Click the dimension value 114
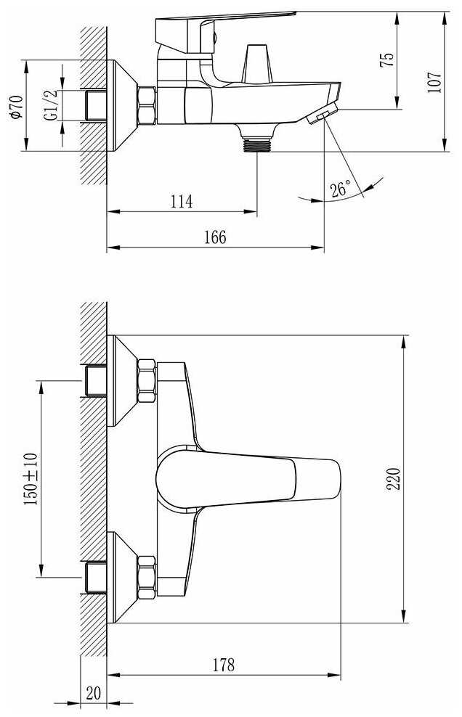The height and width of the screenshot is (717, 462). pos(182,201)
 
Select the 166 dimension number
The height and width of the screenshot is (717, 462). pos(215,237)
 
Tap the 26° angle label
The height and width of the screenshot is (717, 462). pos(341,189)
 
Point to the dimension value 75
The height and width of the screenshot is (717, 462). pos(387,60)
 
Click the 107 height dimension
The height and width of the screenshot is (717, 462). pos(435,82)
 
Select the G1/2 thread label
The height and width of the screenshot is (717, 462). pos(51,105)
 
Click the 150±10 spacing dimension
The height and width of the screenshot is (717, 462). pos(31,479)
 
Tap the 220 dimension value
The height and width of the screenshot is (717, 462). pos(393,479)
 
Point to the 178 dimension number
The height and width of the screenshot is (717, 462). pos(224,665)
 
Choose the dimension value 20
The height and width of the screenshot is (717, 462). pos(94,693)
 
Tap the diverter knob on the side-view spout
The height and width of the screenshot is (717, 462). pos(257,64)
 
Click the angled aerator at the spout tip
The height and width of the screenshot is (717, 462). pos(323,113)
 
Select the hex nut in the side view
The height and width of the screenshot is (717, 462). pos(147,105)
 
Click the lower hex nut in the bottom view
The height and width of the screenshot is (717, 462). pos(147,577)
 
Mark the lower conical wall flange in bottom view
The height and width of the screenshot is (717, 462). pos(123,577)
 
